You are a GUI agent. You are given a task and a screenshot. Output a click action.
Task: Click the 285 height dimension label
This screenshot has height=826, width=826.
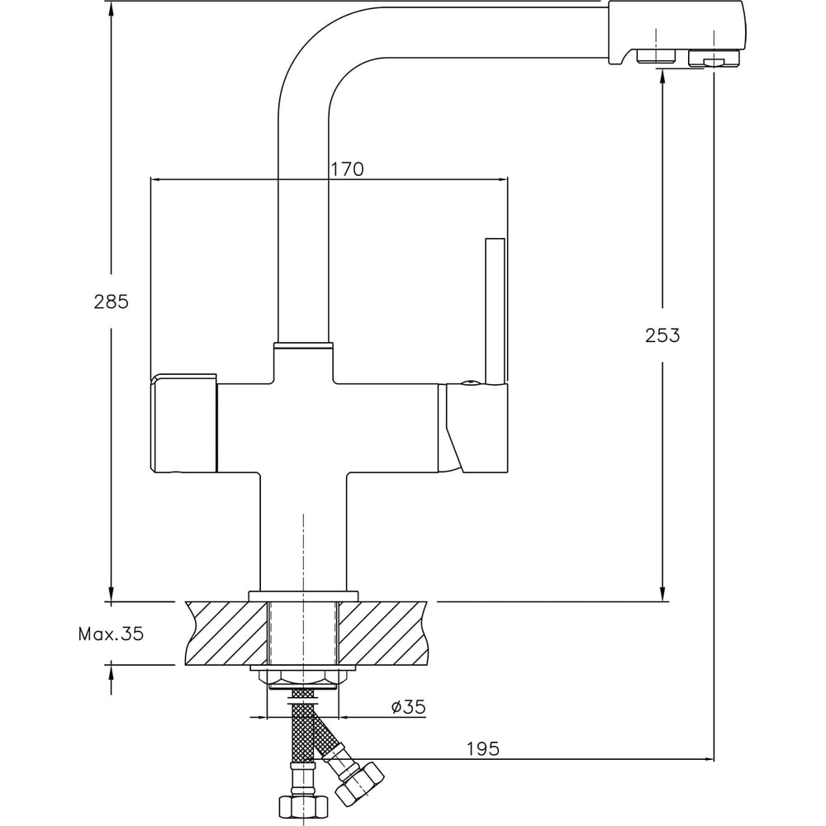(x=112, y=301)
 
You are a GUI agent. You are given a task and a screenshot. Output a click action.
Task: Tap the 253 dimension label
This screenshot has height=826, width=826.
(x=662, y=335)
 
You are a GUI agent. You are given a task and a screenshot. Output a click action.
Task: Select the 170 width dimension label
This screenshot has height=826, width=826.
(x=347, y=169)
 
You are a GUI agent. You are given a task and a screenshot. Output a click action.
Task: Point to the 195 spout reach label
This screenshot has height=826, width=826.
(x=483, y=748)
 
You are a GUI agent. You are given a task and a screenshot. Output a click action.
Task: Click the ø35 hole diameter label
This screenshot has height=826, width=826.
(x=408, y=707)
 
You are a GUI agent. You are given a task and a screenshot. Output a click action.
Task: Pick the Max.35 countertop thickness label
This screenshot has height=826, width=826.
(x=111, y=634)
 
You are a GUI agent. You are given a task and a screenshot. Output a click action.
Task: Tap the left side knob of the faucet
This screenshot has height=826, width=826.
(x=183, y=424)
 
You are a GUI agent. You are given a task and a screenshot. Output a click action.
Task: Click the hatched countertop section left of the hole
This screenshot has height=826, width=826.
(x=227, y=634)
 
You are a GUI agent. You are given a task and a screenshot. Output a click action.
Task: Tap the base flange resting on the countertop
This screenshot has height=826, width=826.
(x=303, y=595)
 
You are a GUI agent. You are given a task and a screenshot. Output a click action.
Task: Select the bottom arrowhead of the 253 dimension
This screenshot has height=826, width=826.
(x=662, y=596)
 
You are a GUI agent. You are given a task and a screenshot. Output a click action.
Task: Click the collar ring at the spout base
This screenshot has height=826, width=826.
(x=303, y=346)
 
